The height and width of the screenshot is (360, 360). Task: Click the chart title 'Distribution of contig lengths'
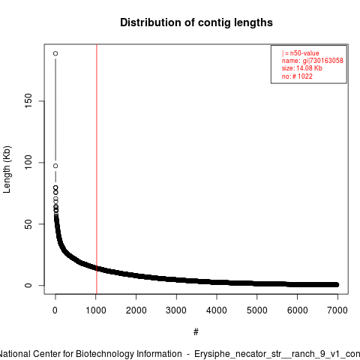[x=196, y=22]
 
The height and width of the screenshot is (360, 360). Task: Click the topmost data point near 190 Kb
[x=55, y=53]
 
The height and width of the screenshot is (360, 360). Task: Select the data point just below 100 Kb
[x=55, y=166]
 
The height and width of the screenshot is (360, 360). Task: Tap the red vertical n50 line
[x=97, y=169]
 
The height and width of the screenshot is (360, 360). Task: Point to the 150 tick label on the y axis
[x=28, y=100]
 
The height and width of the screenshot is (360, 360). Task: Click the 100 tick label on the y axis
[x=28, y=162]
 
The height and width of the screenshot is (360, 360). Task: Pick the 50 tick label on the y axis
[x=28, y=224]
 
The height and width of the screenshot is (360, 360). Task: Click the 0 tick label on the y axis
[x=28, y=285]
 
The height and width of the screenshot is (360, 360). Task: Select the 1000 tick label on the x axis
[x=96, y=310]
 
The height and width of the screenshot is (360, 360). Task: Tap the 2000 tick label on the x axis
[x=136, y=310]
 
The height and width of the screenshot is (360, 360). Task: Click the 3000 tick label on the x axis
[x=176, y=310]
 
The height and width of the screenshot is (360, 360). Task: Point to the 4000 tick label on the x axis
[x=217, y=310]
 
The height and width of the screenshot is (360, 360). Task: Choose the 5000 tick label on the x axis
[x=257, y=310]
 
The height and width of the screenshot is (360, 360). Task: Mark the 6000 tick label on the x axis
[x=297, y=310]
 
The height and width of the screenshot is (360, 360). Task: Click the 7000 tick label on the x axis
[x=337, y=310]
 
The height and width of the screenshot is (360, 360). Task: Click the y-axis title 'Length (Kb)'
[x=7, y=169]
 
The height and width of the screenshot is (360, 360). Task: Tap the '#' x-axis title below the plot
[x=196, y=332]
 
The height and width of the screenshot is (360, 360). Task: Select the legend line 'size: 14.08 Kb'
[x=302, y=68]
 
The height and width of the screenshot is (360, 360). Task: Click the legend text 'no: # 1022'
[x=297, y=76]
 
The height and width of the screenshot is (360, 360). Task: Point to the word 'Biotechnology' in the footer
[x=129, y=354]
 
